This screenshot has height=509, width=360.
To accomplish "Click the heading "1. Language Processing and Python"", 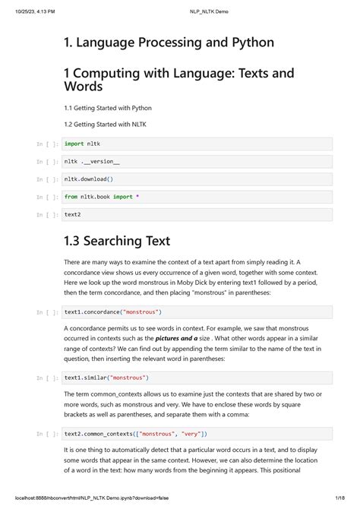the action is (x=169, y=43).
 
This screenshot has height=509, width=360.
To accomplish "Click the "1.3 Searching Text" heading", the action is (x=113, y=241).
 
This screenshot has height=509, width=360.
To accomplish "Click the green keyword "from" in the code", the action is (x=72, y=197).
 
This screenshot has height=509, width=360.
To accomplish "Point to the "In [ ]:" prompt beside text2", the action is (x=47, y=215).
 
